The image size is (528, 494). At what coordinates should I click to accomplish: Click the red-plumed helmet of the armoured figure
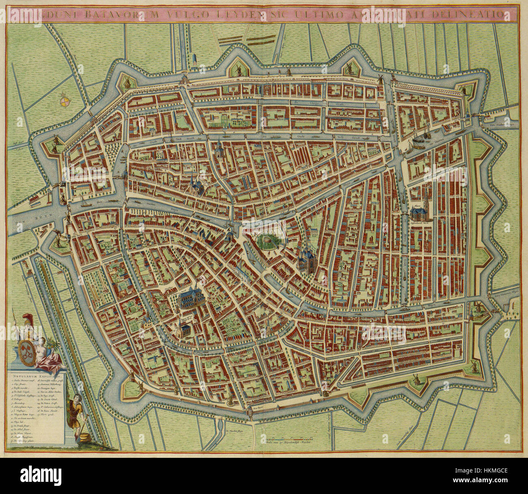pyautogui.click(x=28, y=320)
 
